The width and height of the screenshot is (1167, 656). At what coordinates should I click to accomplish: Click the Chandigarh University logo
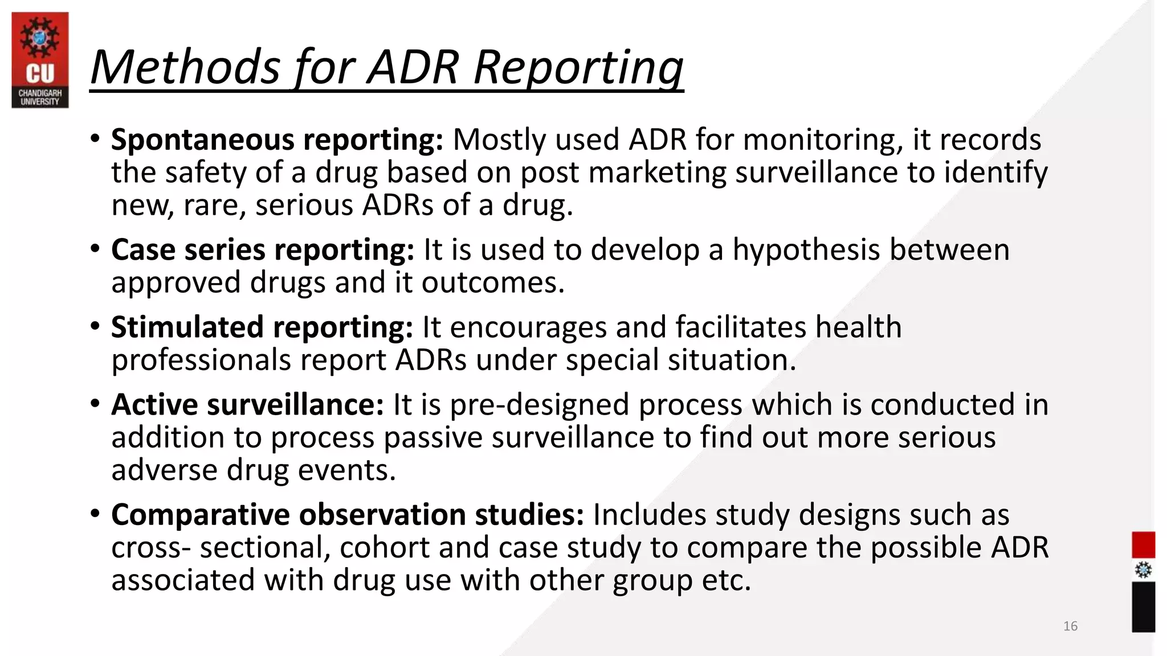pos(40,60)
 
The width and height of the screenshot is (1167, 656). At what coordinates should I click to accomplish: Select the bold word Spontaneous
pos(202,140)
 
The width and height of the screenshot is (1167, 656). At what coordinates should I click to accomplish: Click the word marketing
pos(657,173)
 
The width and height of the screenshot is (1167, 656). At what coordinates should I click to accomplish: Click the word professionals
pos(201,360)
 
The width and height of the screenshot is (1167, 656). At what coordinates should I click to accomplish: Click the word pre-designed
pos(539,405)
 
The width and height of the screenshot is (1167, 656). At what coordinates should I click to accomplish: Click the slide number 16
pos(1070,626)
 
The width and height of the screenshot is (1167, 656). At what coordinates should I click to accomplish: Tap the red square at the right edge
pos(1143,545)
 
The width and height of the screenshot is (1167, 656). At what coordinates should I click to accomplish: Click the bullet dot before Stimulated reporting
pos(95,326)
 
